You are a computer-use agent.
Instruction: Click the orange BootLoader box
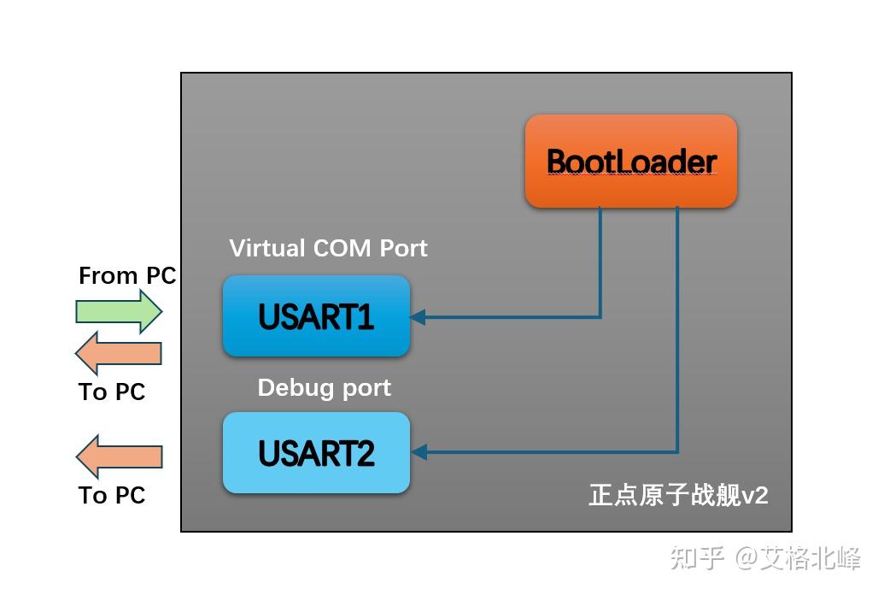click(630, 162)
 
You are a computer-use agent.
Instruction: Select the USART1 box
click(316, 316)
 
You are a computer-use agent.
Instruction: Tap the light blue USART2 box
click(316, 453)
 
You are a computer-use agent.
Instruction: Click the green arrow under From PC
click(118, 310)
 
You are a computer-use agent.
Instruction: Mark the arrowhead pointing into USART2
click(419, 452)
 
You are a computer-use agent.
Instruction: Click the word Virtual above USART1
click(266, 248)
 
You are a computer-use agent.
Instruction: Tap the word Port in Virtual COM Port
click(404, 248)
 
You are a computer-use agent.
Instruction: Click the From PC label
click(126, 275)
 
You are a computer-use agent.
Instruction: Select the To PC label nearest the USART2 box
click(112, 495)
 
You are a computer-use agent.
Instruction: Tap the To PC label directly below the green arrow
click(112, 392)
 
